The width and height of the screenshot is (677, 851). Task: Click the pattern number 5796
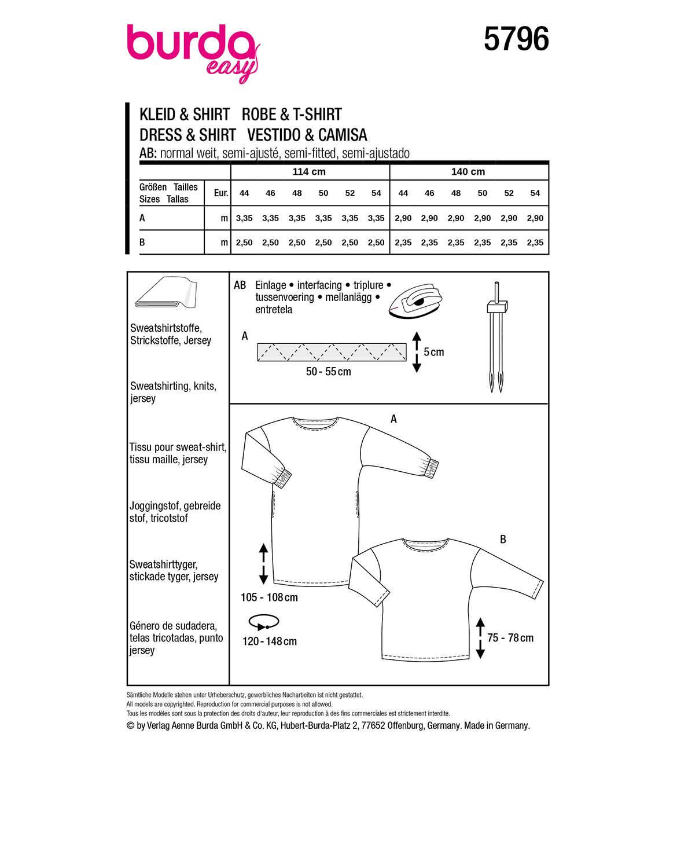516,40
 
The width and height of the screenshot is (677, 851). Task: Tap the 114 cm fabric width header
309,172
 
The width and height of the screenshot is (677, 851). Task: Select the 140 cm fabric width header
468,172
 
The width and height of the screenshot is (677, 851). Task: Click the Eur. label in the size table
220,193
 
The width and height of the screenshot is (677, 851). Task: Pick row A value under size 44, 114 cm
244,218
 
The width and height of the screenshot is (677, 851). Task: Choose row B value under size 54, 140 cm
535,243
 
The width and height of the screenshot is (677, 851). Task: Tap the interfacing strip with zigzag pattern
332,351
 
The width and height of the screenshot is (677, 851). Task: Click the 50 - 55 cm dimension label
329,372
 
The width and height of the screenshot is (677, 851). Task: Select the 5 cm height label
434,352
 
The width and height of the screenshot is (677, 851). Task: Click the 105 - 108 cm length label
269,597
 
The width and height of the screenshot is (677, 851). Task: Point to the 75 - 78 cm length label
510,638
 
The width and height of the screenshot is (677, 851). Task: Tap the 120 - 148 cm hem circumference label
270,641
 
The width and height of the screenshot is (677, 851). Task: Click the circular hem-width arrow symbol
264,623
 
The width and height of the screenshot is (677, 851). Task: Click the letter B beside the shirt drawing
503,540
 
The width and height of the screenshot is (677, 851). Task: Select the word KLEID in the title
157,114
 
